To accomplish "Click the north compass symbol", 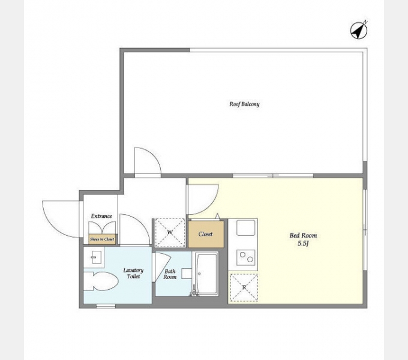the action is point(359,31).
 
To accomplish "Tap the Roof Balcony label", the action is point(244,104).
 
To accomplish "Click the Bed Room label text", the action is point(303,235).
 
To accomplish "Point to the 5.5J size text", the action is point(303,244).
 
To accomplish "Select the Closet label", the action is point(206,234).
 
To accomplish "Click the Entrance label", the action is point(101,216).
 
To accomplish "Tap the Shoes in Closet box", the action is point(102,239).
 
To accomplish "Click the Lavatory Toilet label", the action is point(133,273).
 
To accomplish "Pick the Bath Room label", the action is point(170,274).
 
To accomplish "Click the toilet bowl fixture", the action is point(101,281).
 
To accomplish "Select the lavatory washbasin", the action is point(94,257).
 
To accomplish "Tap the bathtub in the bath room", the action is point(207,274).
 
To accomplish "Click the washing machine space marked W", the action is point(170,233).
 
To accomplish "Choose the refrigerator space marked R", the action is point(244,287).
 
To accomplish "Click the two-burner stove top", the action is point(245,257).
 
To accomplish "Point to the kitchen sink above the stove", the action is point(245,227).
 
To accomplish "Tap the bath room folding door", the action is point(162,266).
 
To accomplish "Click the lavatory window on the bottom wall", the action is point(106,306).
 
